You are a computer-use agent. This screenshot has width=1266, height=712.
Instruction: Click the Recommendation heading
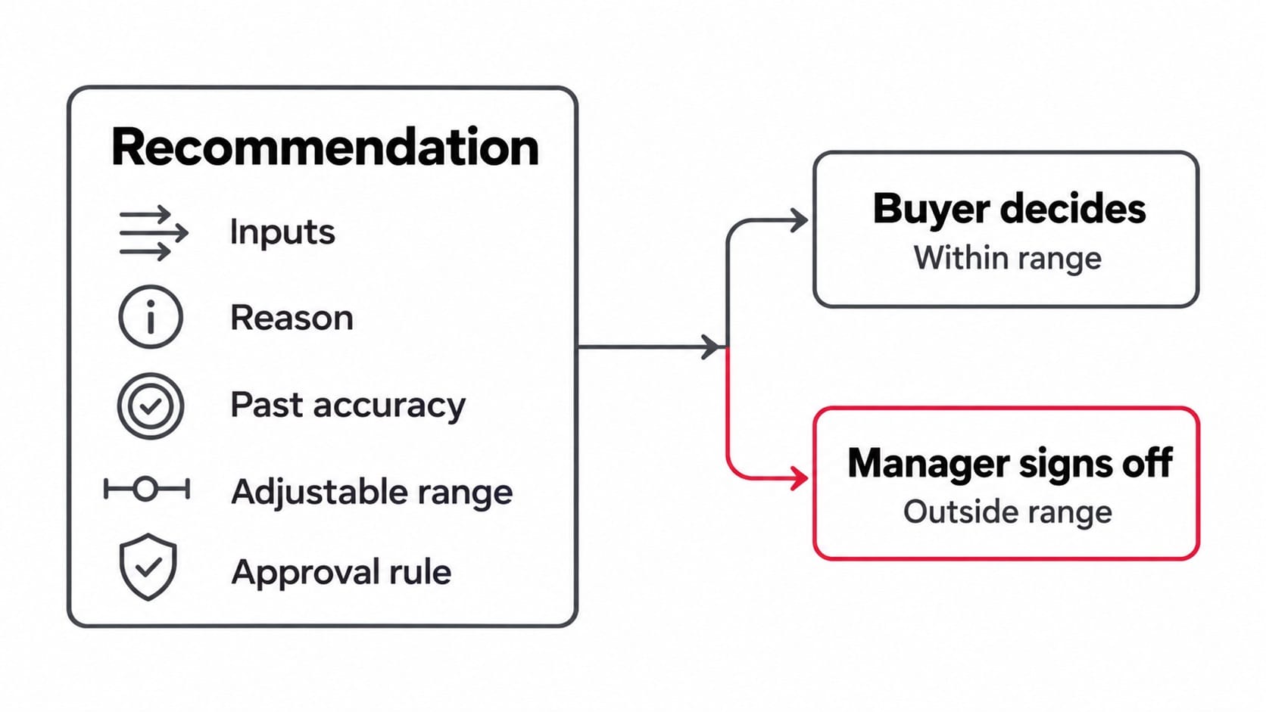coord(325,147)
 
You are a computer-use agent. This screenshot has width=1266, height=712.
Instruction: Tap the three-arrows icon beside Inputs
coord(154,232)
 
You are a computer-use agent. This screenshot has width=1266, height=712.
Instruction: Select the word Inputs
coord(282,232)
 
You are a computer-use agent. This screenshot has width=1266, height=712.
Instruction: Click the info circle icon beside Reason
coord(151,317)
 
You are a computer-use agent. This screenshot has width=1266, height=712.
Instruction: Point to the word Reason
coord(292,317)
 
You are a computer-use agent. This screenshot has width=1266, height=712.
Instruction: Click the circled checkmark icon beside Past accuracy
coord(151,406)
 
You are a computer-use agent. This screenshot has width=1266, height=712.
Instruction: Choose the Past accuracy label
coord(348,405)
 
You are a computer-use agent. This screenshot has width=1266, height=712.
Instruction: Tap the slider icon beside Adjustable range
coord(147,489)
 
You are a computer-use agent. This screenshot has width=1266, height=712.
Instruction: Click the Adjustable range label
coord(372,491)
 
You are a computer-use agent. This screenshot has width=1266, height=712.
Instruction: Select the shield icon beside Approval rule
coord(148,567)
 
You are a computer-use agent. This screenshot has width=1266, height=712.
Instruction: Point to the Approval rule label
coord(341,572)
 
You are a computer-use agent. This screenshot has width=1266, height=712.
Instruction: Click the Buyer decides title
coord(1009,209)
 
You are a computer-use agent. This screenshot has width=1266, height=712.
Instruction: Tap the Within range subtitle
coord(1008,258)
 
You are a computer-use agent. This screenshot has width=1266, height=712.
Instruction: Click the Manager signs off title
coord(1010,464)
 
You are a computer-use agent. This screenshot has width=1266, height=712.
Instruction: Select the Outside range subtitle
coord(1008,512)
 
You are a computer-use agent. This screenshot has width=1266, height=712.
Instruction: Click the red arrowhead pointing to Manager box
coord(800,478)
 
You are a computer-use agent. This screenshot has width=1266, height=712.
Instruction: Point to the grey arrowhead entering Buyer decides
coord(799,220)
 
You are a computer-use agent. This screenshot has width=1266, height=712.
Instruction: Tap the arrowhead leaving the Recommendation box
coord(711,347)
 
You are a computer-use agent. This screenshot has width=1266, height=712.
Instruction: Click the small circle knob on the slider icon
coord(146,489)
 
